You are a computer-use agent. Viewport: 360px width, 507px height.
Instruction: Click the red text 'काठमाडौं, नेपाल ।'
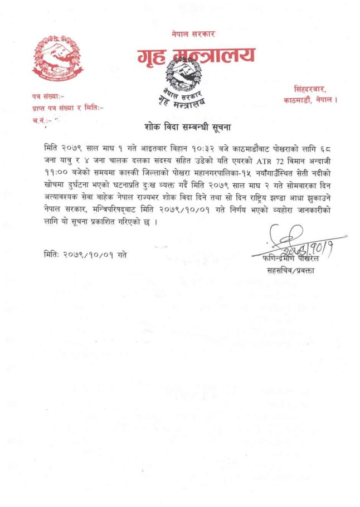pyautogui.click(x=310, y=99)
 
